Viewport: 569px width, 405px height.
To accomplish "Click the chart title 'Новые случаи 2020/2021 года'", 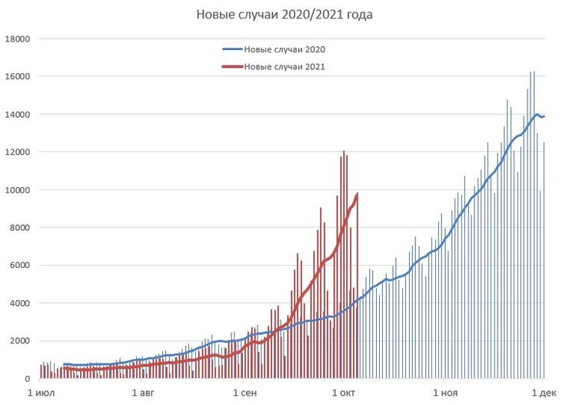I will pyautogui.click(x=284, y=15).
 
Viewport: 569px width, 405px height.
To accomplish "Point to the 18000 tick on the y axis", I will pyautogui.click(x=17, y=38).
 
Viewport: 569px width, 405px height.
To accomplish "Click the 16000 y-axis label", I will pyautogui.click(x=17, y=76).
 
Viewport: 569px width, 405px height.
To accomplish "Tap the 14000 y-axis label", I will pyautogui.click(x=17, y=114).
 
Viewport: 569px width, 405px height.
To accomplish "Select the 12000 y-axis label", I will pyautogui.click(x=17, y=152).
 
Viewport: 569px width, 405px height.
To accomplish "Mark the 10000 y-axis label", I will pyautogui.click(x=17, y=189).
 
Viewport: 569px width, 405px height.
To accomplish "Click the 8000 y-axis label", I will pyautogui.click(x=19, y=227).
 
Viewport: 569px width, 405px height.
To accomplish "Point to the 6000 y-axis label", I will pyautogui.click(x=19, y=266).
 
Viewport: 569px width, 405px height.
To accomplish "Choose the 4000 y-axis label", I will pyautogui.click(x=19, y=303).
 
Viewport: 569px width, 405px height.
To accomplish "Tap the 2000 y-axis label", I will pyautogui.click(x=19, y=341).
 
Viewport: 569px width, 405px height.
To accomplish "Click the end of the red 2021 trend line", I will pyautogui.click(x=358, y=194).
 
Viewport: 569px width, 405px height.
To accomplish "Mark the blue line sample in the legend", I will pyautogui.click(x=231, y=49).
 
